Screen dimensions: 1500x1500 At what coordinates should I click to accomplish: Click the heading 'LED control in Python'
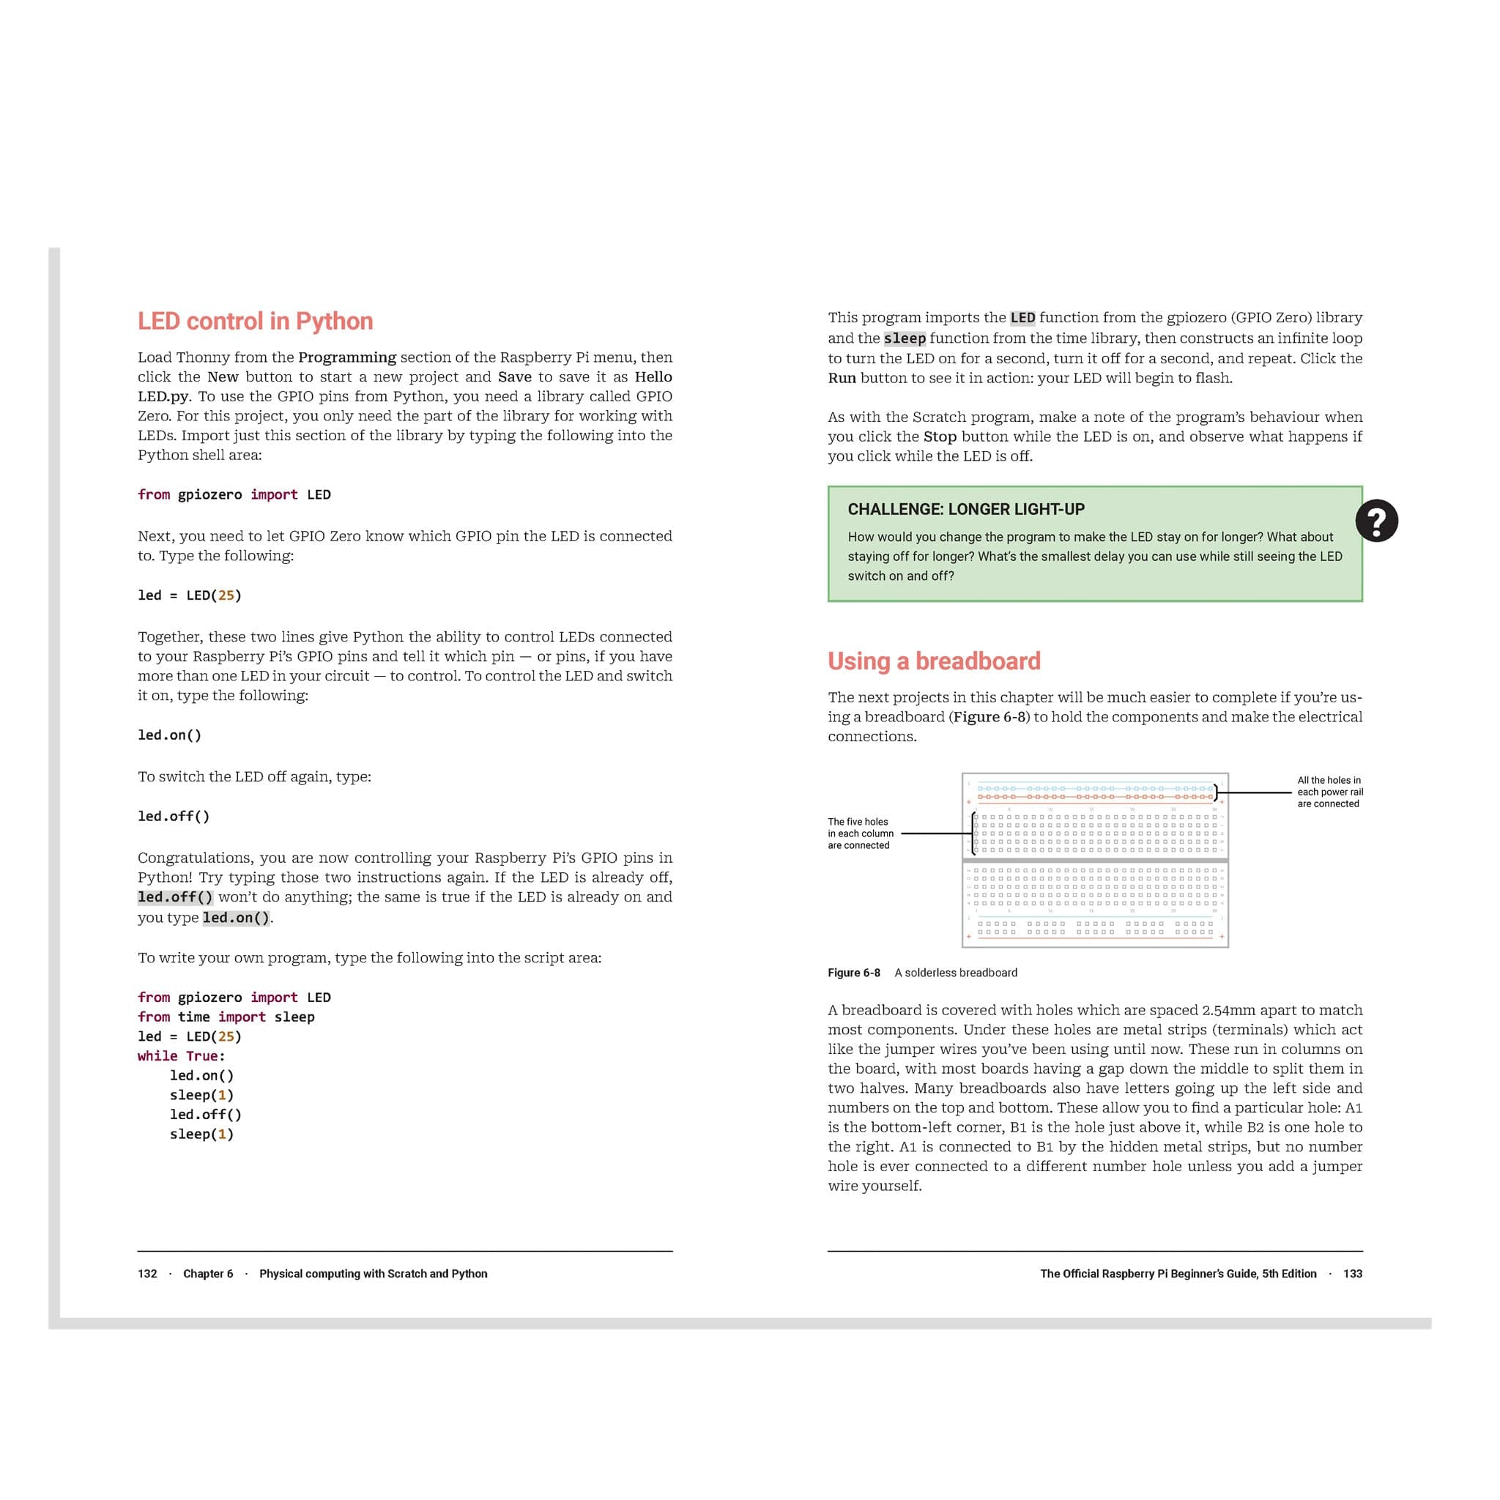point(255,322)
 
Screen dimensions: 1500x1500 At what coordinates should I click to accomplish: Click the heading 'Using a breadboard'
point(933,661)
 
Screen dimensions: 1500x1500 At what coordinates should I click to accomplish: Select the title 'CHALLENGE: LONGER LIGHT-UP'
point(966,509)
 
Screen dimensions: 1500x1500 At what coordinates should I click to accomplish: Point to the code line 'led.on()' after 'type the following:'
point(169,735)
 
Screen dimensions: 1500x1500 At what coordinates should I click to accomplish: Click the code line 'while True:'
point(181,1056)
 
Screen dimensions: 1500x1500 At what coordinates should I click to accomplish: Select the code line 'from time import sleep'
point(226,1017)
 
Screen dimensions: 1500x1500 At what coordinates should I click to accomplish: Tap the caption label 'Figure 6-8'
point(853,973)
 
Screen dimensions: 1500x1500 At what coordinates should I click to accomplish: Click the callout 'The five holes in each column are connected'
point(861,833)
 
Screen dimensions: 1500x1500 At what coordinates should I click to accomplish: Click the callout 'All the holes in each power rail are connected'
point(1329,792)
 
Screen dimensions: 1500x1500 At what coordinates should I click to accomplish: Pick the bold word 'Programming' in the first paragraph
point(347,357)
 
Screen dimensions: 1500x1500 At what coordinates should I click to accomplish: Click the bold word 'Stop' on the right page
point(940,437)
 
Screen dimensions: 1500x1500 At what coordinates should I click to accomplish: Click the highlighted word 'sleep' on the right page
point(905,338)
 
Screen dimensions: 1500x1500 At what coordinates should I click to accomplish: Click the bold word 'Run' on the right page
point(842,378)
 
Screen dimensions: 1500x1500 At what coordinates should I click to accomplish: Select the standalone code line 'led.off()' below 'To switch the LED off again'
point(173,817)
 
